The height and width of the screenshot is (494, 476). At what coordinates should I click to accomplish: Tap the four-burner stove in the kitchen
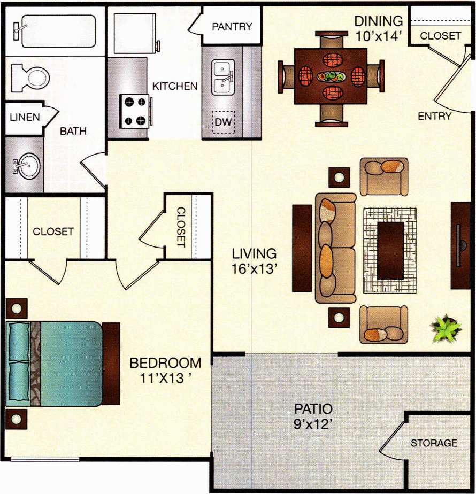click(135, 111)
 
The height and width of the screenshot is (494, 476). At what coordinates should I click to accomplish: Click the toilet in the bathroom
click(31, 77)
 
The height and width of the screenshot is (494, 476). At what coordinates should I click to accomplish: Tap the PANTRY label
click(232, 27)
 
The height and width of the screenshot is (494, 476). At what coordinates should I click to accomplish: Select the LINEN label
click(25, 117)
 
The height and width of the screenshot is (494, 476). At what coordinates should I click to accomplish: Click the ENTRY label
click(434, 116)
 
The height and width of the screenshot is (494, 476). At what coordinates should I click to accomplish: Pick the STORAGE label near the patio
click(434, 443)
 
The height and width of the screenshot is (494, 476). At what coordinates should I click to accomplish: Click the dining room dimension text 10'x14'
click(378, 36)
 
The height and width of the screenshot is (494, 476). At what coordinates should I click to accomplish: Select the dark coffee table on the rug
click(390, 250)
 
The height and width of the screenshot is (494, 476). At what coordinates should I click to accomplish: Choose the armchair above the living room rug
click(383, 176)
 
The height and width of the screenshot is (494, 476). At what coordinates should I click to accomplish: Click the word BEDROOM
click(166, 362)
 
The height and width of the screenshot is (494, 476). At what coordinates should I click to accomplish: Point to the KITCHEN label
click(175, 86)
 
